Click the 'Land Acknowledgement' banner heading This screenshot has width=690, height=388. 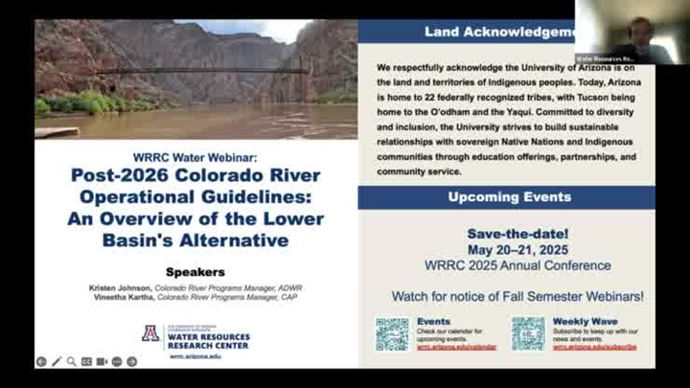point(499,32)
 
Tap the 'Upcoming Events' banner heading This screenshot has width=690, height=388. point(510,197)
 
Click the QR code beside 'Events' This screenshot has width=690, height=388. point(391,333)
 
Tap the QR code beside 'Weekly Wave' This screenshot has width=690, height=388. point(528,333)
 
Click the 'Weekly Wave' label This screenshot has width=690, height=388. point(585,322)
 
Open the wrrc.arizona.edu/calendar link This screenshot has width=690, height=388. point(457,346)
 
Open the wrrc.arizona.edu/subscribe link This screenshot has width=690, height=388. point(594,346)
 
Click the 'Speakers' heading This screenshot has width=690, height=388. point(195,271)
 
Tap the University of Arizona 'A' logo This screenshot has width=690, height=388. point(149,334)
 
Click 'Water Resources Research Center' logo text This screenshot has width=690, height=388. point(208,341)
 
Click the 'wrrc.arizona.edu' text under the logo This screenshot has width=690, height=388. point(195,355)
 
